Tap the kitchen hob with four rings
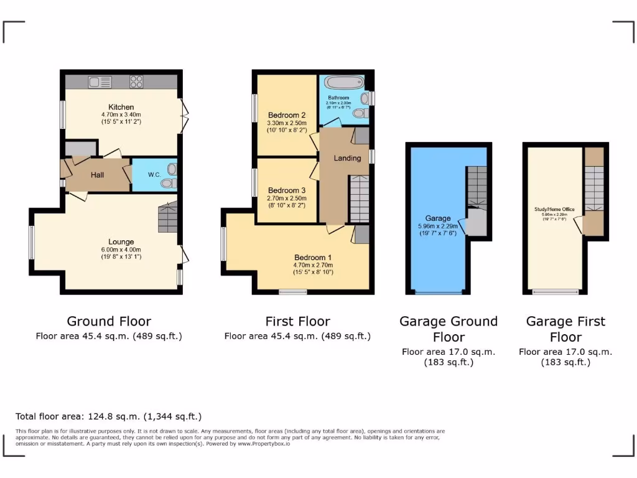click(136, 82)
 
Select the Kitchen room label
click(121, 107)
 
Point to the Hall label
click(98, 176)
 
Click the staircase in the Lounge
click(168, 218)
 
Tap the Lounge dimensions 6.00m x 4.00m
click(121, 250)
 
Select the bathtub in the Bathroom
click(343, 83)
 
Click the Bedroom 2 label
click(287, 115)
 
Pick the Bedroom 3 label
click(287, 190)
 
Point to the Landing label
click(347, 158)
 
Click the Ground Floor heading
click(109, 321)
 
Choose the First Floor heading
click(297, 321)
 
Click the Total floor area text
click(109, 416)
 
